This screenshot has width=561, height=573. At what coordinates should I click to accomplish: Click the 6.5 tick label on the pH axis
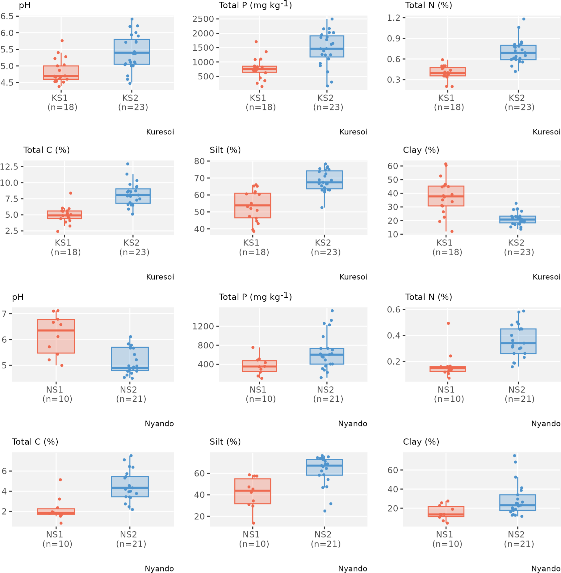coord(7,16)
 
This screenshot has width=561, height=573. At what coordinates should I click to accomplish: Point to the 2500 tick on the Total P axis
coord(203,19)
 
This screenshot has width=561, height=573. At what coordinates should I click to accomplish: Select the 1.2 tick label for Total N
coord(394,18)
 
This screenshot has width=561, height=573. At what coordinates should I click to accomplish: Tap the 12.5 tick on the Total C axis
coord(9,167)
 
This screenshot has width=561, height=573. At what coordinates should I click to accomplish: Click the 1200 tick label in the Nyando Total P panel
coord(203,326)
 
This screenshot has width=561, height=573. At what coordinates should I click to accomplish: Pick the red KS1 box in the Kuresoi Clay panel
coord(446,196)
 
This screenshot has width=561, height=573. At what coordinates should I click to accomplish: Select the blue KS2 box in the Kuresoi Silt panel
coord(324,180)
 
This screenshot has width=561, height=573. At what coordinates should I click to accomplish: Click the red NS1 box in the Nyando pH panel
coord(56,336)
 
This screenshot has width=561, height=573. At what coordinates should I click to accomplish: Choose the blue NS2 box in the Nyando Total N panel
coord(518,341)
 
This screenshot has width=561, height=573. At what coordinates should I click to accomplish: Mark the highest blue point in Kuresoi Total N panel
coord(524,19)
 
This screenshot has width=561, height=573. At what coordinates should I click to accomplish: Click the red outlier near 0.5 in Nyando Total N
coord(448,323)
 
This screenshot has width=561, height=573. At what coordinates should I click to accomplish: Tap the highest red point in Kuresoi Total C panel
coord(71,193)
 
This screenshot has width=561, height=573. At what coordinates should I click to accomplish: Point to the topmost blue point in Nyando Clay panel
coord(515,456)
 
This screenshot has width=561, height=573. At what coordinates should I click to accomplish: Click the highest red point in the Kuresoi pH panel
coord(62,41)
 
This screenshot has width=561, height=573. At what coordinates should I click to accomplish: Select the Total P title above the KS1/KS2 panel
coord(255,5)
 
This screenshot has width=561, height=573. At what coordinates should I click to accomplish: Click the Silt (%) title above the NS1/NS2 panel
coord(225,442)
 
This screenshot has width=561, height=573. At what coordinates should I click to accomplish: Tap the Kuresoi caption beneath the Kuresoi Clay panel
coord(546,277)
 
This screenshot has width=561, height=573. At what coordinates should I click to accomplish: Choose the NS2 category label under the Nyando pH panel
coord(128,390)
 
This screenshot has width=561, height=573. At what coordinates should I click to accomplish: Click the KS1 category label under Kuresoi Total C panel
coord(63,243)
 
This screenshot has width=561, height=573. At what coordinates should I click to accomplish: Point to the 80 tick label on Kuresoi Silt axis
coord(199,161)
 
